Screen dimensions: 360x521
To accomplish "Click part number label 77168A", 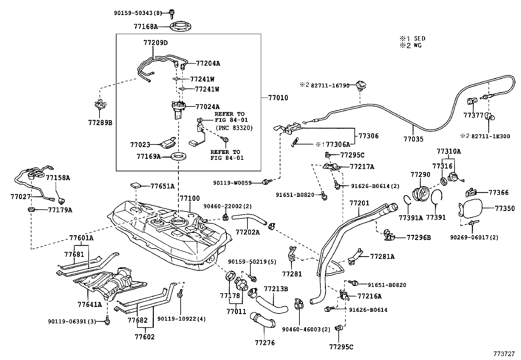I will coord(145,27).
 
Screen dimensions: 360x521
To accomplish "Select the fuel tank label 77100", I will coord(189,199).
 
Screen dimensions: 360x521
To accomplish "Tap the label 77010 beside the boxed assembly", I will coord(278,98).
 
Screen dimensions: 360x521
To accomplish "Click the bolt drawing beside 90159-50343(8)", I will coord(171,13).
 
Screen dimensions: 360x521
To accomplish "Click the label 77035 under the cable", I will coord(413,139).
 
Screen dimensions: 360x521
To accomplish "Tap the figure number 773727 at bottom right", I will coord(504,354).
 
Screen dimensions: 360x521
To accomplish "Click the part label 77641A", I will coord(90,304).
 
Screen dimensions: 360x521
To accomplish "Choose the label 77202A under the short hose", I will coord(247,232).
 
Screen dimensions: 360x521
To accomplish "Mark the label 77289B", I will coord(100,123).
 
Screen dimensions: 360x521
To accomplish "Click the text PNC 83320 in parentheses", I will coord(234,128).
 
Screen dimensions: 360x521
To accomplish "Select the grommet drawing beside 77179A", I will coord(32,209).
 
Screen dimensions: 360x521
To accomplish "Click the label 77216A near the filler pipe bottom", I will coord(369,296).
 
